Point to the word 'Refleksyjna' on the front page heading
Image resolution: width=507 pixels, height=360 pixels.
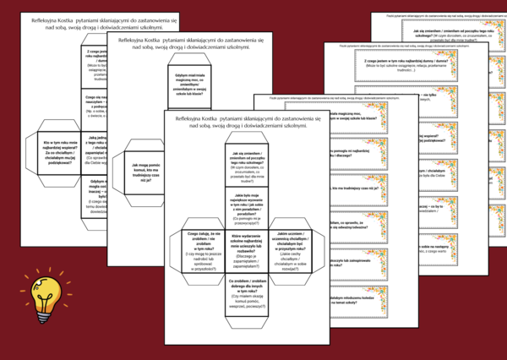[188, 120]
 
